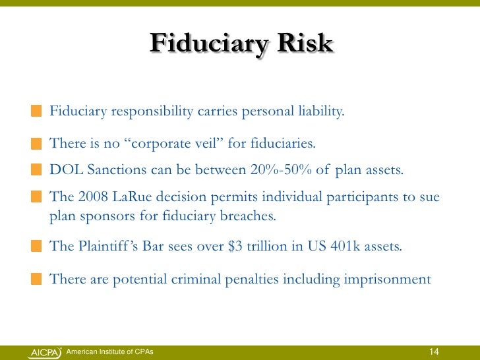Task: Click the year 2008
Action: (88, 198)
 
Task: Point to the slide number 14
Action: (435, 350)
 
